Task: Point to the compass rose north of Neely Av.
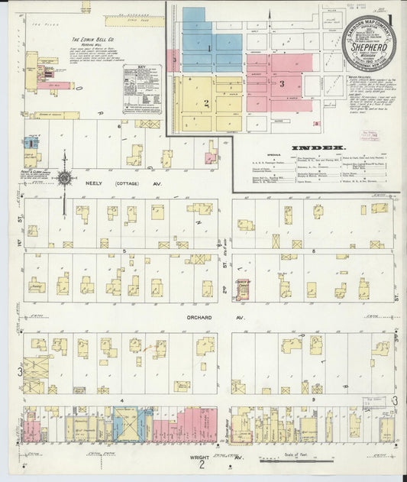tap(64, 179)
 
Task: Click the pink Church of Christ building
tap(244, 288)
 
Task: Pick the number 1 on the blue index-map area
tap(208, 48)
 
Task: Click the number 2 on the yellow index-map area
tap(205, 102)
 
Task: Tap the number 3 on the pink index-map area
tap(282, 82)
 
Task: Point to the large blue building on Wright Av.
tap(126, 424)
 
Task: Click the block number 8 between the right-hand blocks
tap(313, 249)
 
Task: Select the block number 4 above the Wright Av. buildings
tap(121, 399)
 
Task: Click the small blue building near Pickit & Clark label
tap(31, 142)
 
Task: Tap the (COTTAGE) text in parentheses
tap(128, 184)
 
